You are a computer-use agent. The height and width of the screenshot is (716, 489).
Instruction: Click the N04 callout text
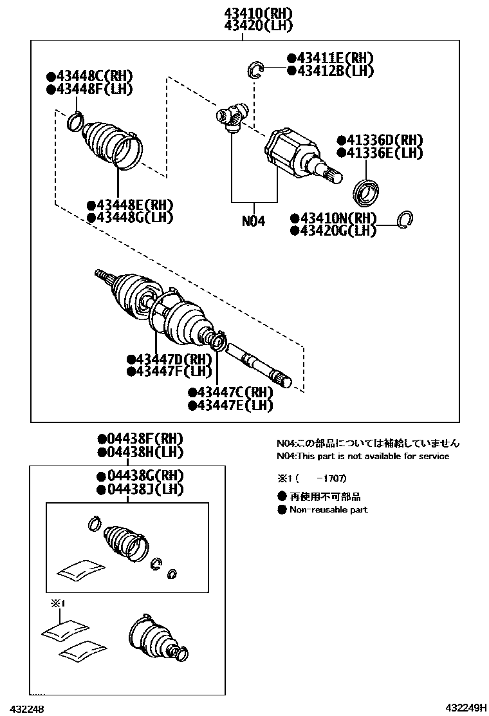(x=254, y=221)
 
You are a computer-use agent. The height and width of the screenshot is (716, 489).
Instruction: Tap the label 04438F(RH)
(x=140, y=439)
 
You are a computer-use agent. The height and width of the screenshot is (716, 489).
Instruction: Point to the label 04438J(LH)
(x=140, y=489)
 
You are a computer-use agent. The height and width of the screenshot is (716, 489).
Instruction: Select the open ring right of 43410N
(x=405, y=220)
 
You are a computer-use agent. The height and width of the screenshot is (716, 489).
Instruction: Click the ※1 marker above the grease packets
(x=59, y=603)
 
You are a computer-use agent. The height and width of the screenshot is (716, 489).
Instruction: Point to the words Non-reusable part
(x=328, y=509)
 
